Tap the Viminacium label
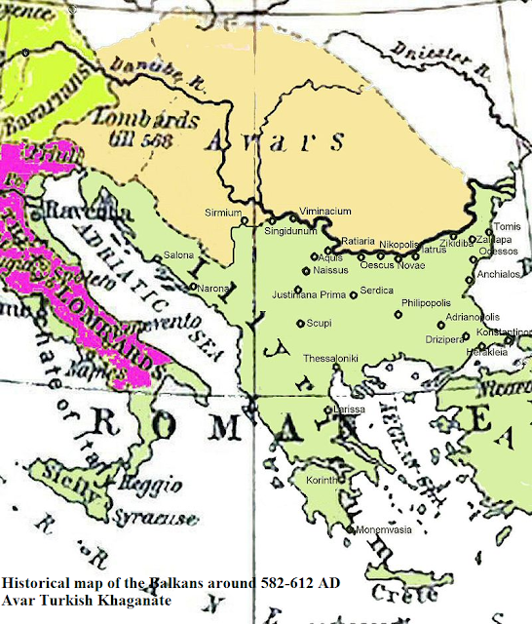click(x=322, y=210)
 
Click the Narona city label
click(x=211, y=289)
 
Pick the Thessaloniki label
click(x=330, y=358)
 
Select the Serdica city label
click(x=376, y=290)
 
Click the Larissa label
click(x=348, y=409)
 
